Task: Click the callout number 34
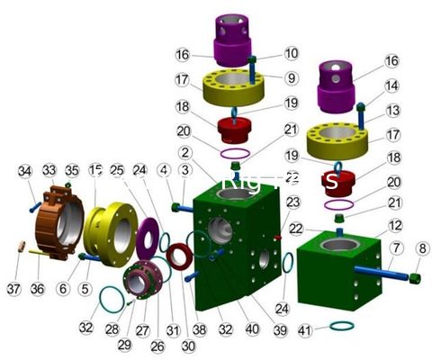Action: point(24,171)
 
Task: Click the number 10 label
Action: point(267,54)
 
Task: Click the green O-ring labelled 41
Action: point(341,324)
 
